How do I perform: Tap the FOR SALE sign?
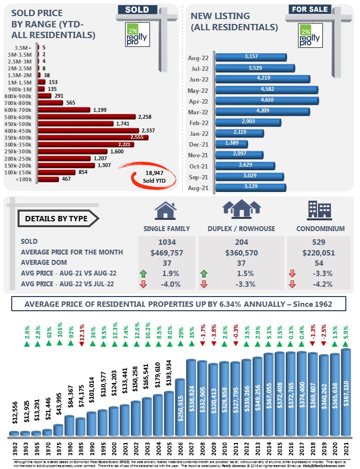point(310,9)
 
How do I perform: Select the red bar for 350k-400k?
point(93,138)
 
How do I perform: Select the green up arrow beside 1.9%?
point(143,273)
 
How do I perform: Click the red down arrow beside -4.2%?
point(292,284)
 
